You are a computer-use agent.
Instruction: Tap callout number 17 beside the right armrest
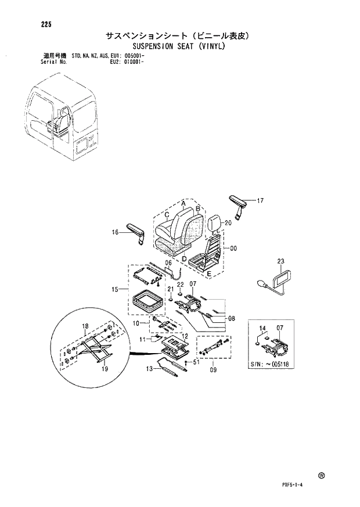point(260,201)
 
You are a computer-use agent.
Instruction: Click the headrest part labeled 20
point(213,221)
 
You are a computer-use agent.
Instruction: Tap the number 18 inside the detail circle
point(85,326)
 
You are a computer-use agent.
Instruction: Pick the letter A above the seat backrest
point(183,203)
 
